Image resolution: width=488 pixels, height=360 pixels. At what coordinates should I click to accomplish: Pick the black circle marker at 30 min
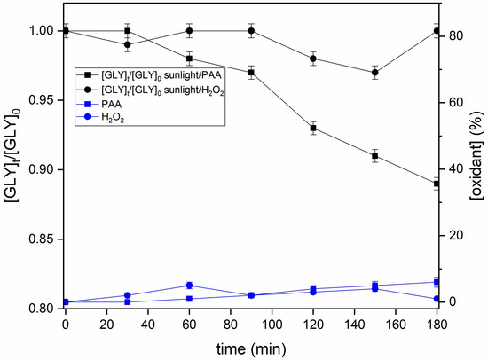click(128, 44)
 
